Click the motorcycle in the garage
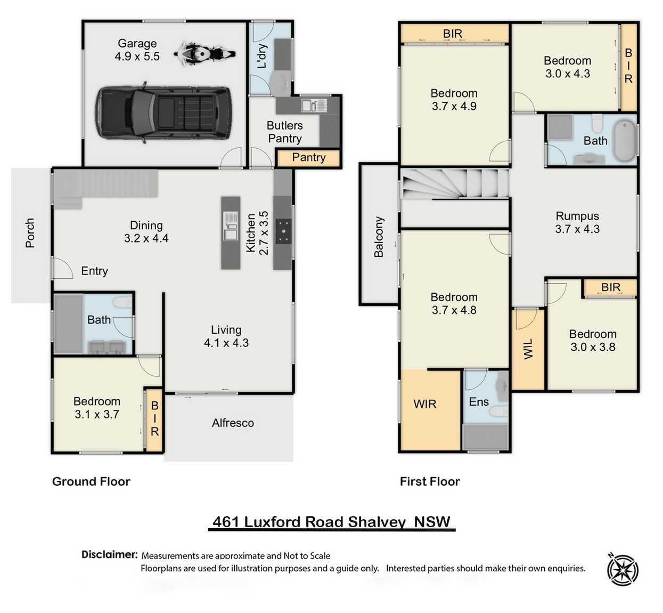[x=204, y=54]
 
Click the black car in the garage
[x=163, y=113]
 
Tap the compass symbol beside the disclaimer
[x=623, y=570]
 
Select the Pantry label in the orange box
[x=308, y=157]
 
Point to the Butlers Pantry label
[x=284, y=132]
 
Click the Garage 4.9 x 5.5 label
[x=137, y=50]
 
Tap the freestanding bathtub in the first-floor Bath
[x=624, y=141]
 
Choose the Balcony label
[x=379, y=237]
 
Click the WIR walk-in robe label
[x=424, y=404]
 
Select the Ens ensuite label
[x=478, y=402]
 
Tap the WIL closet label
[x=528, y=349]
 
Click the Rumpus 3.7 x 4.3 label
[x=577, y=223]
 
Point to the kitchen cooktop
[x=283, y=231]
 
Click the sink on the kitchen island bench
[x=231, y=233]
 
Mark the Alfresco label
[x=233, y=423]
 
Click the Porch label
[x=30, y=233]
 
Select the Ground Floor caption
[x=91, y=481]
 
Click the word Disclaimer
[x=109, y=554]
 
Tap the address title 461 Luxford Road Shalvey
[x=331, y=521]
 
